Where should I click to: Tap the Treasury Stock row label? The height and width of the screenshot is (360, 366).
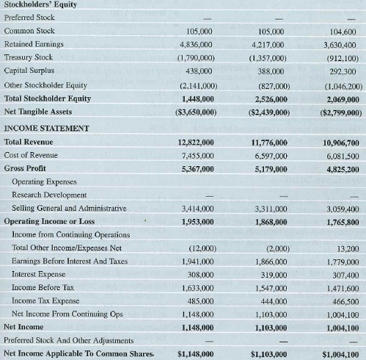pyautogui.click(x=28, y=58)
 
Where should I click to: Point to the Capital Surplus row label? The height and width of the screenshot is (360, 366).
pyautogui.click(x=28, y=71)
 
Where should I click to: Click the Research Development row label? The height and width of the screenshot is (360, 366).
pyautogui.click(x=49, y=195)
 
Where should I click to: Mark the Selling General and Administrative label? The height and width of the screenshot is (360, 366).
pyautogui.click(x=69, y=208)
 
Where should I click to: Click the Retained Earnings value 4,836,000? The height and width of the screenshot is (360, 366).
pyautogui.click(x=196, y=44)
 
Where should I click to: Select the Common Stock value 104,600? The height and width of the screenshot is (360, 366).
pyautogui.click(x=342, y=31)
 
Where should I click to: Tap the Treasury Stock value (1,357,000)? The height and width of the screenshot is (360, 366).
pyautogui.click(x=268, y=58)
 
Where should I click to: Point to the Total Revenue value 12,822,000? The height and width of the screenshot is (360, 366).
pyautogui.click(x=196, y=142)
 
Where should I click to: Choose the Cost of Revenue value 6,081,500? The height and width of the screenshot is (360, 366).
pyautogui.click(x=340, y=155)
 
